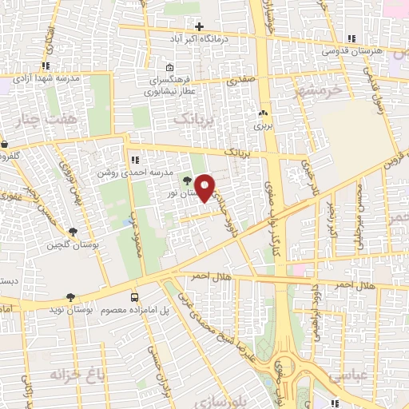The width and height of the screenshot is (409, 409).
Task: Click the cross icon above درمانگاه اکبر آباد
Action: click(199, 26)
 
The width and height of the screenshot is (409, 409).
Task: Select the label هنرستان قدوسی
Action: click(352, 50)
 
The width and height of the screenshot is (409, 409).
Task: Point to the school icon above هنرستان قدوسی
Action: click(351, 38)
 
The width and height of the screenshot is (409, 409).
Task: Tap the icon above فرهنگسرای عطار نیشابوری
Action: click(169, 68)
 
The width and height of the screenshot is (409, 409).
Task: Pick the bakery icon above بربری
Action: click(263, 113)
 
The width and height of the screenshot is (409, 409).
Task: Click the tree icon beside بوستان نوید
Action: click(71, 297)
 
